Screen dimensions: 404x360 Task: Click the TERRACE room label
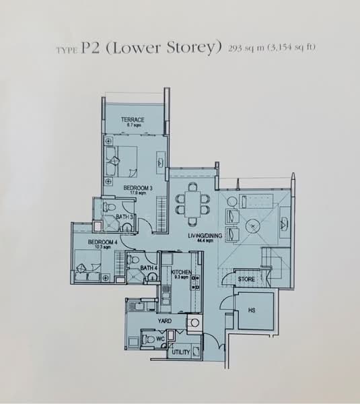click(133, 120)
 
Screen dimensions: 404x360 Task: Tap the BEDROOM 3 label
click(137, 188)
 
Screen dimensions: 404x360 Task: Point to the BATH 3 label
click(124, 217)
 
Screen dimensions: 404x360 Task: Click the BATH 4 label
click(149, 269)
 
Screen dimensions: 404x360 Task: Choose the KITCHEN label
click(182, 272)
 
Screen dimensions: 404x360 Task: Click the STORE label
click(246, 278)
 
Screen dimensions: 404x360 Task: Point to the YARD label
click(164, 321)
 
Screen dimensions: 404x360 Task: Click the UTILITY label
click(180, 351)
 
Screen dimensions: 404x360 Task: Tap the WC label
click(160, 339)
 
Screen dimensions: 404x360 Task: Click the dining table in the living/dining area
click(192, 206)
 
